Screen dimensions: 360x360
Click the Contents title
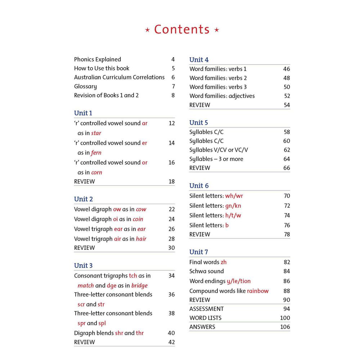coord(182,30)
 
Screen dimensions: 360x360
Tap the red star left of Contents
coord(147,30)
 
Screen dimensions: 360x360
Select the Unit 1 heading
coord(83,113)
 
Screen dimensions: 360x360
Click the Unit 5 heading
coord(199,123)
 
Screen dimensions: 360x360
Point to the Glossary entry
coord(85,86)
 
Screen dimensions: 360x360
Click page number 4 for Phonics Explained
coord(173,59)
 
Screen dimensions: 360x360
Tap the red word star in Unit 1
coord(96,133)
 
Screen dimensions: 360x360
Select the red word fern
coord(96,153)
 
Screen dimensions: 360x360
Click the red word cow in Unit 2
coord(141,209)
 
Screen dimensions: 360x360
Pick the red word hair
coord(141,239)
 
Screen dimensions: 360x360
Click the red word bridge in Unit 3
coord(139,285)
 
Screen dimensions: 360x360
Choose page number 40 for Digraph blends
coord(171,333)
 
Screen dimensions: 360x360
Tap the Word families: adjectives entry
coord(222,96)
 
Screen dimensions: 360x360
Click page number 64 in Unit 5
coord(287,159)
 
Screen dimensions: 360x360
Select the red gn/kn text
coord(233,206)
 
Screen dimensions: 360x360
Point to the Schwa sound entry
coord(207,271)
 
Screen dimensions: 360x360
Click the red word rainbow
coord(258,291)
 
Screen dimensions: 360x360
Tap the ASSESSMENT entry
coord(207,309)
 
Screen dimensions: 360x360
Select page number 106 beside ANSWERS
coord(285,327)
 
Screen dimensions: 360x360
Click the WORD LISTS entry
coord(206,318)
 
